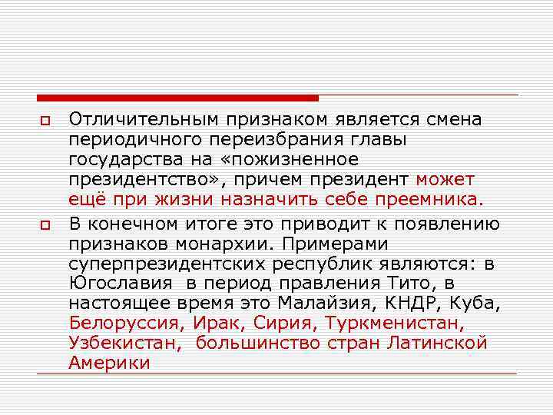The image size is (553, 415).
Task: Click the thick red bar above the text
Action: click(x=177, y=98)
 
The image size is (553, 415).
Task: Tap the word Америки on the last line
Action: click(x=109, y=364)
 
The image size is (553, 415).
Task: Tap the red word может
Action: click(x=445, y=179)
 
